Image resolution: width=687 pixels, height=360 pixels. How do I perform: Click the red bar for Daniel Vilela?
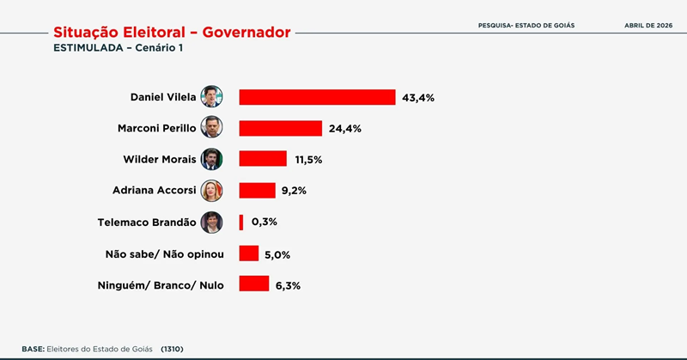317,97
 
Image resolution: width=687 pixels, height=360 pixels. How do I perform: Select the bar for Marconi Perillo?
280,128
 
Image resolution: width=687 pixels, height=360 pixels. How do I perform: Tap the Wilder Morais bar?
263,159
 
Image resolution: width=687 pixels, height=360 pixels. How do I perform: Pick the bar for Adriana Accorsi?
257,190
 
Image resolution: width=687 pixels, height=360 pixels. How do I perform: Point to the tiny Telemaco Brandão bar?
241,222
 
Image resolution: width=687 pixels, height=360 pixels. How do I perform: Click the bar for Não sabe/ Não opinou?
249,253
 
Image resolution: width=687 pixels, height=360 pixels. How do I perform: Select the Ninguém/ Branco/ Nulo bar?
254,284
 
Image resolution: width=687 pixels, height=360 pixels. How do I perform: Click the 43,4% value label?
418,98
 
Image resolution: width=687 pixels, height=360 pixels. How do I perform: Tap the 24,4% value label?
344,129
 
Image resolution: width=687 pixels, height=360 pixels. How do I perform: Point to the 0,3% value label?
264,223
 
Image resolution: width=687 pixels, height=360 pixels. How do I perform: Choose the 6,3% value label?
287,285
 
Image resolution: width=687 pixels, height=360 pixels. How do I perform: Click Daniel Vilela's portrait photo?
211,96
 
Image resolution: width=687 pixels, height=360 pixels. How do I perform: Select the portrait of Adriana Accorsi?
211,190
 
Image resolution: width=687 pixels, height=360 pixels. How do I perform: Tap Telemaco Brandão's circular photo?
211,222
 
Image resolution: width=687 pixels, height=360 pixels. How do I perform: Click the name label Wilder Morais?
161,159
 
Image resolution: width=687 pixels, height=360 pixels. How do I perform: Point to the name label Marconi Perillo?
156,128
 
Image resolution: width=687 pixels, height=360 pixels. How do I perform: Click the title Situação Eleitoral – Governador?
172,32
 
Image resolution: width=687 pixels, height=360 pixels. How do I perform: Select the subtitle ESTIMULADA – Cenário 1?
119,48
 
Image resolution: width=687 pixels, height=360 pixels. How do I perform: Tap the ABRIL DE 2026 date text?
647,25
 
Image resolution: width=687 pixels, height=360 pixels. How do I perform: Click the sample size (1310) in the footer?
173,349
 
